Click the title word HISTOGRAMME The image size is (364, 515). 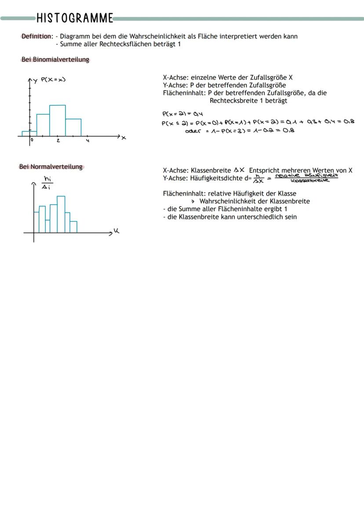(x=75, y=18)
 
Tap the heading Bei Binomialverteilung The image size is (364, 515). (x=55, y=59)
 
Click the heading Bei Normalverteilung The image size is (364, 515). (x=51, y=167)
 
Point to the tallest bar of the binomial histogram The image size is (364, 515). (x=58, y=121)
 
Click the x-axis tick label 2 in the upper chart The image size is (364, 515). (x=58, y=141)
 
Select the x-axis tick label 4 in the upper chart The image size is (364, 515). (x=87, y=141)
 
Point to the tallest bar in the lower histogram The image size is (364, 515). (x=61, y=214)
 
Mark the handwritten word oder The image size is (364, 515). (x=193, y=130)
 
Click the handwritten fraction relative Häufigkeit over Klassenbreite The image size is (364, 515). (x=306, y=178)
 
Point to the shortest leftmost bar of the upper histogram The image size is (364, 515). (x=29, y=134)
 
